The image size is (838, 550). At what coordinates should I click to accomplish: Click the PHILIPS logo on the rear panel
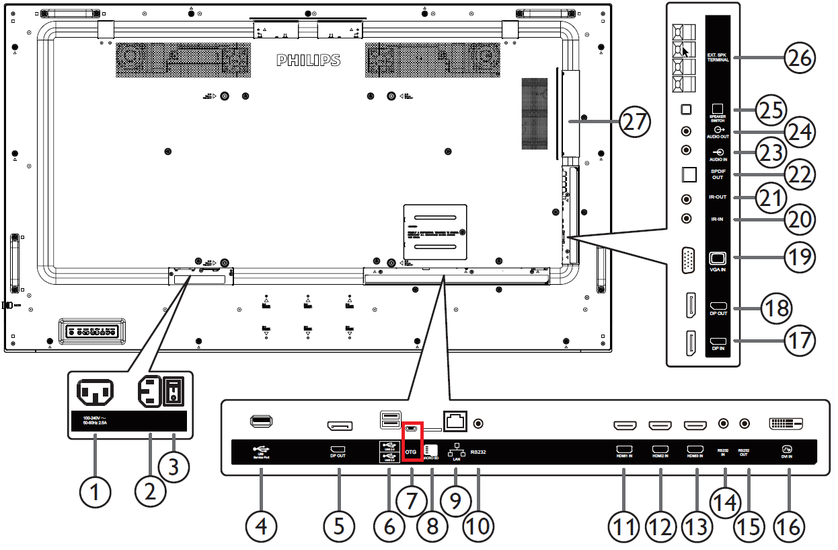click(309, 61)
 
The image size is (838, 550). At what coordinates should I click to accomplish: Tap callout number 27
click(636, 123)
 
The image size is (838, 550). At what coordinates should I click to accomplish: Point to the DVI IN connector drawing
click(786, 424)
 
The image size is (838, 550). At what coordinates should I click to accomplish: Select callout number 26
click(798, 58)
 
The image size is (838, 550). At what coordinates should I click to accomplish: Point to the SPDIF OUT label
click(718, 174)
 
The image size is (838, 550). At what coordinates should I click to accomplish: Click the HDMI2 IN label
click(660, 452)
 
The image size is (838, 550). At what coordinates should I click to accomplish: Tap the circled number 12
click(660, 526)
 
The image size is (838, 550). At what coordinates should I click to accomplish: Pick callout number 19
click(798, 257)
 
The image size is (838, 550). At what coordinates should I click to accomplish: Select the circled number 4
click(261, 526)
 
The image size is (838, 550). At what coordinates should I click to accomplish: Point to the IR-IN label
click(718, 219)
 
